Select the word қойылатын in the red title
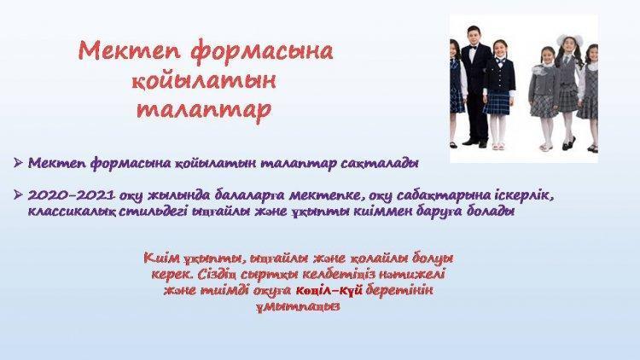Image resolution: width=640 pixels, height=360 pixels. point(204,82)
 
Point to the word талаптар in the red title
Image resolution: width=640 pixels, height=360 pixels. point(204,110)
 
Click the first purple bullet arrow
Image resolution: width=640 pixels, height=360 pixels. point(18,162)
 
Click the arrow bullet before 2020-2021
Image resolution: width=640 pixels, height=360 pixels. point(18,195)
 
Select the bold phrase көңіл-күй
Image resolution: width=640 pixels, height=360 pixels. point(329,291)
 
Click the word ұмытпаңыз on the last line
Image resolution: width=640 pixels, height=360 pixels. point(299,306)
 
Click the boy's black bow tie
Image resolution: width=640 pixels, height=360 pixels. point(473,48)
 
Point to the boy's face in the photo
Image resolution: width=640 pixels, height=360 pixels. point(473,36)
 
